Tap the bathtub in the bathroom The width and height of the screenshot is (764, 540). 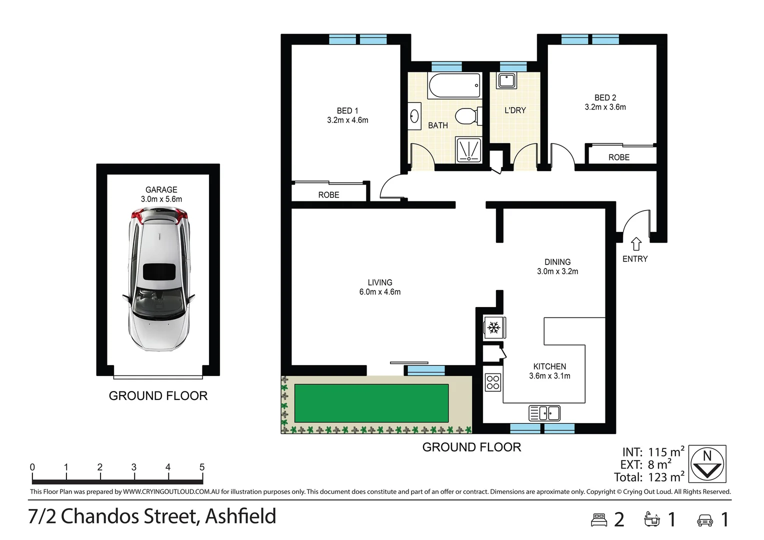click(454, 85)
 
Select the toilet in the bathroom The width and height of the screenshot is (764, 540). click(467, 116)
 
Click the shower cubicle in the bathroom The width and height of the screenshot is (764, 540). click(469, 150)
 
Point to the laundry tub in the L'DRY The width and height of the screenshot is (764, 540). click(507, 81)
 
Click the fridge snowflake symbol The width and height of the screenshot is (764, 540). click(494, 328)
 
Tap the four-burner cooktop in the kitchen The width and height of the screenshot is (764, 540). click(493, 382)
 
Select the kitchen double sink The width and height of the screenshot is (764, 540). click(544, 413)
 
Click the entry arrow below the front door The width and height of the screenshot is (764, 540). click(636, 244)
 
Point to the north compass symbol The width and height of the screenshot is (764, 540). click(707, 464)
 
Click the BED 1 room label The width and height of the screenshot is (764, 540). click(347, 111)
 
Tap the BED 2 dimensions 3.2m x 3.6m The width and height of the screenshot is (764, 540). click(605, 107)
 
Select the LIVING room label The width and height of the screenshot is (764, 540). click(380, 282)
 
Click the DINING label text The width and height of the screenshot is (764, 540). click(557, 262)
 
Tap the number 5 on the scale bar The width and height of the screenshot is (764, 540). click(202, 467)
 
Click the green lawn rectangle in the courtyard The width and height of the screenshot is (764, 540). click(371, 403)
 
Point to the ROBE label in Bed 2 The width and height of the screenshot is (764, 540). click(618, 157)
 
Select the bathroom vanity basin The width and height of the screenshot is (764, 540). click(414, 116)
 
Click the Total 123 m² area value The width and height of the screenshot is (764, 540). click(665, 477)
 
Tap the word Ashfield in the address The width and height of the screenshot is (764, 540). click(240, 516)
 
